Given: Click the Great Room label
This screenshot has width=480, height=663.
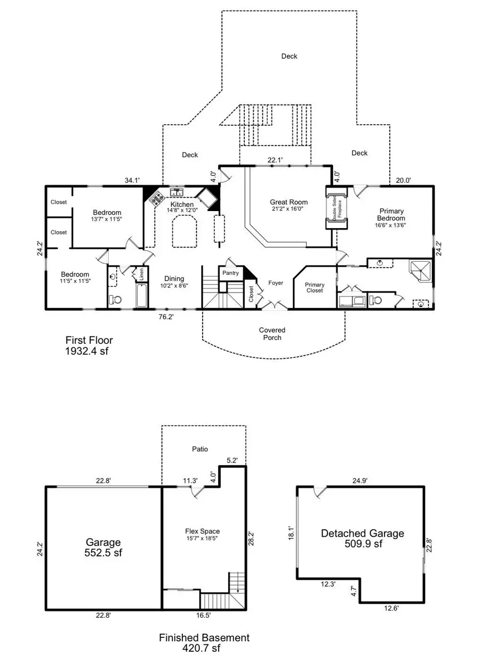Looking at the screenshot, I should coord(289,202).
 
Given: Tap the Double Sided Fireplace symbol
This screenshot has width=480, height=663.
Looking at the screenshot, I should coord(336,208).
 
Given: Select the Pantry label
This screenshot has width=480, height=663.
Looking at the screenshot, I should coord(230,273).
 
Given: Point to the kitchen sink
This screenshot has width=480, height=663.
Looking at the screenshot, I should coord(177,192).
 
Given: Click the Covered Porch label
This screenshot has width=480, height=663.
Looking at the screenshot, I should coord(273,334).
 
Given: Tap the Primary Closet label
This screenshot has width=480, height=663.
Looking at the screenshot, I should coord(315,287).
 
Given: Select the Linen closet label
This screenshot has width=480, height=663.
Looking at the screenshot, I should coord(141,274).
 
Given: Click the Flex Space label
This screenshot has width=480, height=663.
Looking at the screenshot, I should coord(202,531).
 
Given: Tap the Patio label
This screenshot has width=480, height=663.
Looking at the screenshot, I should coord(200,449).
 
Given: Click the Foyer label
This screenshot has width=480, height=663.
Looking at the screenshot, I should coord(276,283).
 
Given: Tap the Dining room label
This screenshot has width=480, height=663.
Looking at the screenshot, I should coord(174,279).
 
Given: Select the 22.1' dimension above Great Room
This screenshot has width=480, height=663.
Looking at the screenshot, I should coord(275,160).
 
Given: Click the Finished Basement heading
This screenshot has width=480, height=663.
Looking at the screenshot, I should coord(204,637).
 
